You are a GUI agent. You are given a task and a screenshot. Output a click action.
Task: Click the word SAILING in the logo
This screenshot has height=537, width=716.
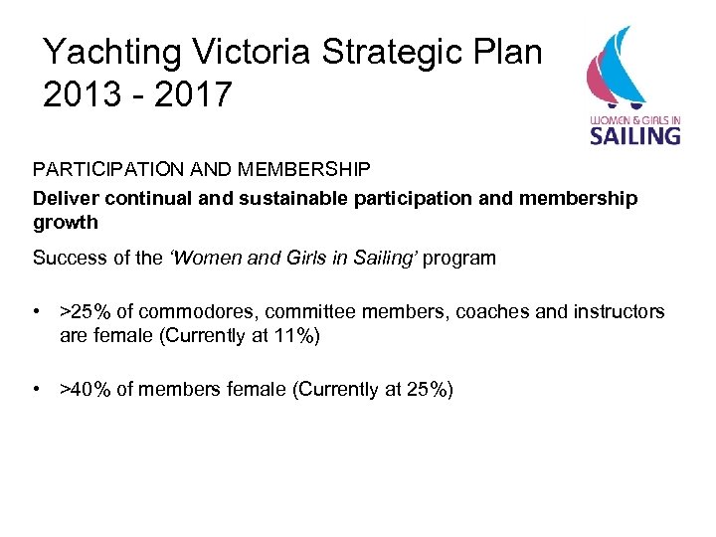pyautogui.click(x=635, y=133)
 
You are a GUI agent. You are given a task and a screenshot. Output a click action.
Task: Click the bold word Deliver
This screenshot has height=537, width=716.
pyautogui.click(x=61, y=198)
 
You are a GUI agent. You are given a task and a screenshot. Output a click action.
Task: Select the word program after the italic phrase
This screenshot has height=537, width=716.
pyautogui.click(x=458, y=259)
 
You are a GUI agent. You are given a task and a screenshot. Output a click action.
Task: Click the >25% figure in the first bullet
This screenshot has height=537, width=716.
pyautogui.click(x=86, y=312)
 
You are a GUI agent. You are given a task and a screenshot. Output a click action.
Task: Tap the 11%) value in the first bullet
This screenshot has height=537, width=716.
pyautogui.click(x=295, y=335)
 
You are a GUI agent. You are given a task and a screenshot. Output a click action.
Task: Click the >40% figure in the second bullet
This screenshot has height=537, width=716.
pyautogui.click(x=86, y=389)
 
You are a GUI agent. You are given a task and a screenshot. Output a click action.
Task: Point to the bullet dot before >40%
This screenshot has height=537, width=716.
pyautogui.click(x=37, y=389)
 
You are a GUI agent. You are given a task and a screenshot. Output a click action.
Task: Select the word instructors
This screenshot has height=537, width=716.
pyautogui.click(x=619, y=312)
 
